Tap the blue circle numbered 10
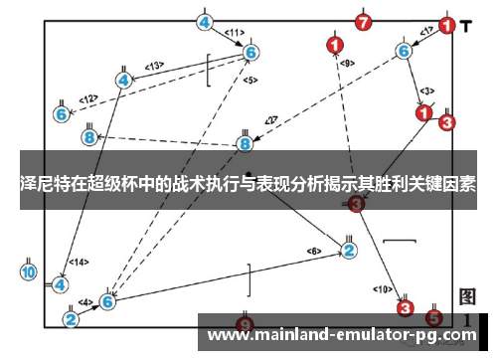point(29,271)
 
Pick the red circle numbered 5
point(433,318)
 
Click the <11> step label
point(235,32)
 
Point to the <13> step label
point(154,66)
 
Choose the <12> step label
point(89,98)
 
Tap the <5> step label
point(249,80)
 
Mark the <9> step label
point(347,64)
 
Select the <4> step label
point(85,302)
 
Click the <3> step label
point(426,90)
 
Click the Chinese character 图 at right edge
point(467,297)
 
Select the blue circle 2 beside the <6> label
point(349,249)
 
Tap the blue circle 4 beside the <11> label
point(205,22)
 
